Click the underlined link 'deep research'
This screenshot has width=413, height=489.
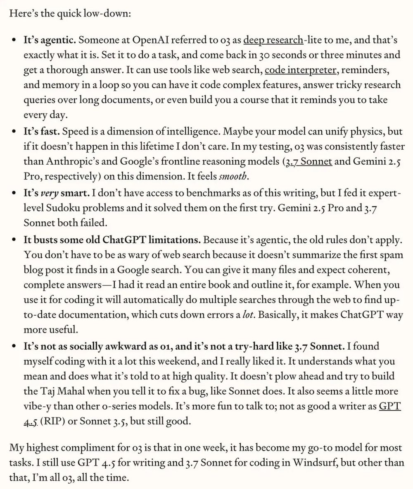pyautogui.click(x=273, y=41)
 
